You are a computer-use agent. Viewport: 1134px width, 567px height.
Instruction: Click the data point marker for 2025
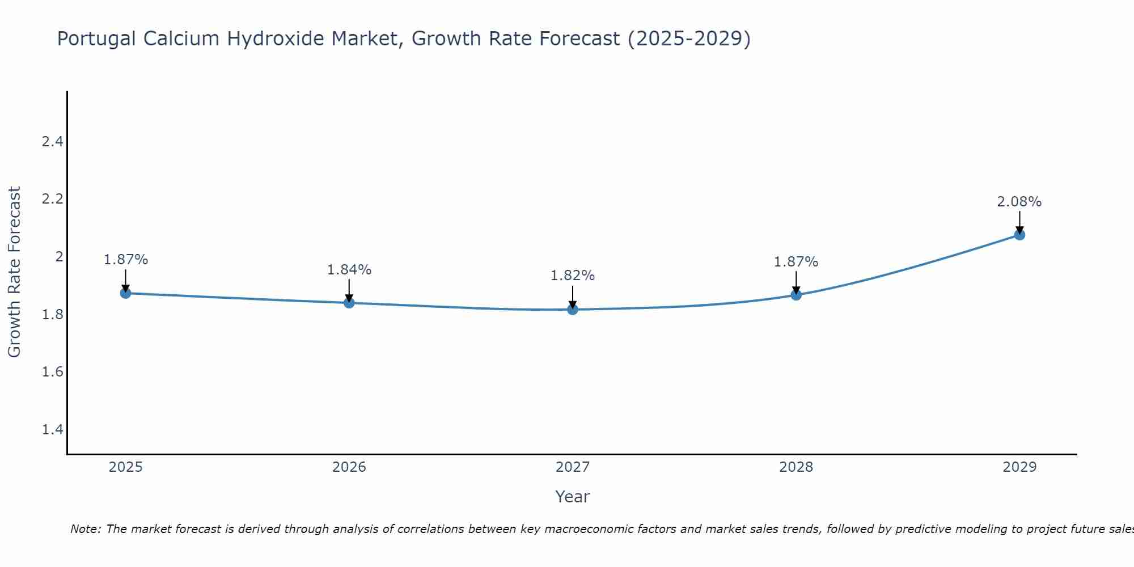[x=126, y=293]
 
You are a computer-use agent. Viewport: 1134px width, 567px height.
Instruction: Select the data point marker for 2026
[x=349, y=303]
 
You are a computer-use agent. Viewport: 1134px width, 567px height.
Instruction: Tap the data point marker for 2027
[x=573, y=310]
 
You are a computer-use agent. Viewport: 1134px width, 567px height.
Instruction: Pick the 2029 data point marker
[x=1019, y=235]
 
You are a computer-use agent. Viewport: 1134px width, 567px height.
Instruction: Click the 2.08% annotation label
[x=1019, y=202]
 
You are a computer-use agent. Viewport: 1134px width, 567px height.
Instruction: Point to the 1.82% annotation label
[x=573, y=276]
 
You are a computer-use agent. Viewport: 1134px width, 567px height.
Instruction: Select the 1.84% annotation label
[x=349, y=270]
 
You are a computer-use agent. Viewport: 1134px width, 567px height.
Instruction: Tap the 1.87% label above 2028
[x=796, y=262]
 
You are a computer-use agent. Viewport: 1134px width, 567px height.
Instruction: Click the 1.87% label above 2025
[x=126, y=260]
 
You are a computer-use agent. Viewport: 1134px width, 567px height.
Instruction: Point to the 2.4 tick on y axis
[x=52, y=142]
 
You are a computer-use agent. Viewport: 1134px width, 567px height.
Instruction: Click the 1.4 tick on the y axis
[x=52, y=430]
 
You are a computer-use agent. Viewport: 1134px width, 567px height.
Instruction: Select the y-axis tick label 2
[x=58, y=257]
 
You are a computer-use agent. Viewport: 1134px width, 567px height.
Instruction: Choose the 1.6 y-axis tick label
[x=52, y=372]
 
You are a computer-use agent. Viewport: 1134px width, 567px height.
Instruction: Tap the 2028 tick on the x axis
[x=796, y=467]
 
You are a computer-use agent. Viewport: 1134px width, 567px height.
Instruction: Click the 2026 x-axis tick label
[x=349, y=467]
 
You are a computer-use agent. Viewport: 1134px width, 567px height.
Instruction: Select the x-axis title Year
[x=573, y=497]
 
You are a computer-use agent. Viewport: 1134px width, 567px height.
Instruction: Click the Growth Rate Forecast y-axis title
[x=14, y=272]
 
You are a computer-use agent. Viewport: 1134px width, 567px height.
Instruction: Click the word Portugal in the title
[x=97, y=39]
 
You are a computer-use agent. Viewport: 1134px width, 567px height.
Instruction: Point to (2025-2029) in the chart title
[x=689, y=39]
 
